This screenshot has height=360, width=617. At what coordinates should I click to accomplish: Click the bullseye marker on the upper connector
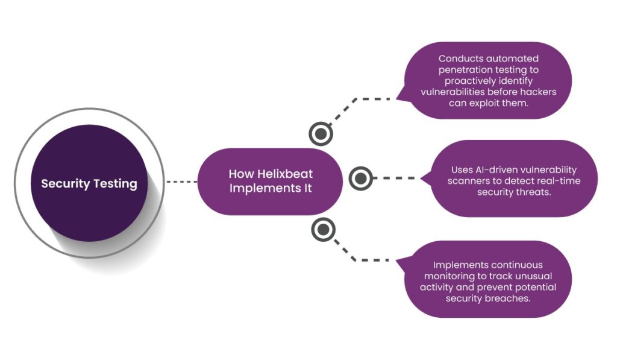pos(321,133)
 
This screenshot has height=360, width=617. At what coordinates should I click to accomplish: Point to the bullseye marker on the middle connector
pos(360,178)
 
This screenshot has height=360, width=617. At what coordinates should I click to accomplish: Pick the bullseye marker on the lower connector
pos(324,229)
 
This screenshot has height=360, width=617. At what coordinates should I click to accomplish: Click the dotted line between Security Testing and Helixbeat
pos(181,181)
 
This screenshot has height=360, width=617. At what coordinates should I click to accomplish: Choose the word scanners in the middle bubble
pos(468,181)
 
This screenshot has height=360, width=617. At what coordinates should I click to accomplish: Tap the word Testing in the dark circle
pos(114,184)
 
